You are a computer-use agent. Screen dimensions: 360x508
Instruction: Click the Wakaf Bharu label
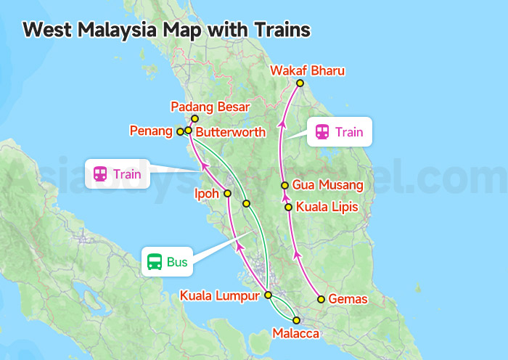click(307, 71)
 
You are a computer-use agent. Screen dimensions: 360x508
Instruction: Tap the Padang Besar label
click(210, 107)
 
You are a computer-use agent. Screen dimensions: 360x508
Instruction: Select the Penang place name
click(151, 131)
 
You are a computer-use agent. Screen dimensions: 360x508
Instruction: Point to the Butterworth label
click(231, 133)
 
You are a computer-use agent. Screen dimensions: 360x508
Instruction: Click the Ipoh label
click(206, 194)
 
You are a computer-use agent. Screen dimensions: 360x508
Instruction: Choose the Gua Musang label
click(327, 186)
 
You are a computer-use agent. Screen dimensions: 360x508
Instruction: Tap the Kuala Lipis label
click(327, 207)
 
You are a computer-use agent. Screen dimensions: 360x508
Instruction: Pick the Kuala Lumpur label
click(221, 296)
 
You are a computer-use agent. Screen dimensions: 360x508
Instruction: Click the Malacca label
click(295, 334)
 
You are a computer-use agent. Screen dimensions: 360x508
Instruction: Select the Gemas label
click(348, 299)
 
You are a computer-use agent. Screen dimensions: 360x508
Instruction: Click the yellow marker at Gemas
click(321, 299)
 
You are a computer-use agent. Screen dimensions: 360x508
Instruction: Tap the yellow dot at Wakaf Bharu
click(303, 83)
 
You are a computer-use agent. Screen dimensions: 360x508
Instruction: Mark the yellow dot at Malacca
click(296, 320)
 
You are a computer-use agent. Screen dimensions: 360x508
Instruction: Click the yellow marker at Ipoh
click(228, 194)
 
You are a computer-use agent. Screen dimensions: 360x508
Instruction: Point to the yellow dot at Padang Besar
click(194, 118)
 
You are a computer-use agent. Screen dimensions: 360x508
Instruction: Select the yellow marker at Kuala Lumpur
click(268, 295)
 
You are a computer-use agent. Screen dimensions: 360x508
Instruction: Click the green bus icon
click(155, 262)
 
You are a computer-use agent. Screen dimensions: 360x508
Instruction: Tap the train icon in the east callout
click(321, 132)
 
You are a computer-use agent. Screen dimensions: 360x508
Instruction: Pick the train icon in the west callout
click(100, 174)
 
